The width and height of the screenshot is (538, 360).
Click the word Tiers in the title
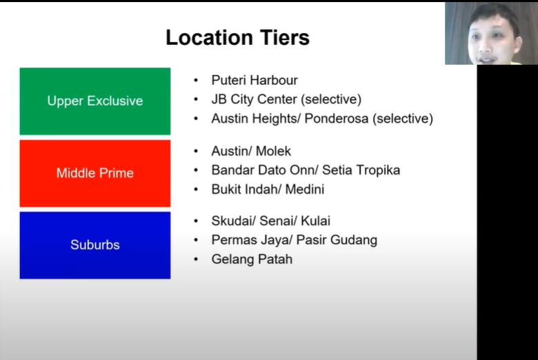tap(285, 37)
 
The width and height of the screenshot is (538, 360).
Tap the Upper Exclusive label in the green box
tap(95, 101)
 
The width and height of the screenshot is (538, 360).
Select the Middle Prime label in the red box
tap(95, 173)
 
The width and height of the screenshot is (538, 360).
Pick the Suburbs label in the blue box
tap(95, 245)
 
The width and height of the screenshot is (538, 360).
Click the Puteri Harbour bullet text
tap(255, 80)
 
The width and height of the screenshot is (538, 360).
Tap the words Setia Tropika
tap(361, 170)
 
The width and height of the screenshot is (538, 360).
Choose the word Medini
tap(305, 190)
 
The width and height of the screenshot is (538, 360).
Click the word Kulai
tap(315, 221)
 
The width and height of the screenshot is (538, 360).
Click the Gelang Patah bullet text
tap(252, 259)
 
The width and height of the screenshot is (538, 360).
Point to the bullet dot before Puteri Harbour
tap(196, 80)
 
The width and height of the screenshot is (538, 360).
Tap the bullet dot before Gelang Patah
tap(196, 259)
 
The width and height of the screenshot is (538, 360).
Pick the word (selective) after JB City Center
tap(331, 99)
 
